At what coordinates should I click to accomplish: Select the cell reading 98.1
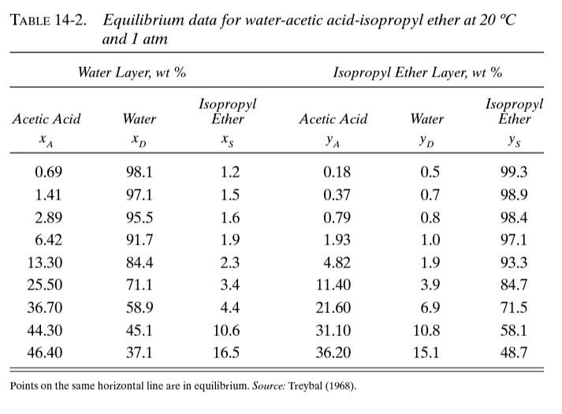point(140,173)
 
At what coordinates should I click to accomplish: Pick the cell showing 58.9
point(140,308)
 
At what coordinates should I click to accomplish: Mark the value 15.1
point(426,352)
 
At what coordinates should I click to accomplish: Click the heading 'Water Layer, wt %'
point(132,73)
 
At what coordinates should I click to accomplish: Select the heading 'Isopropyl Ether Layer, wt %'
point(417,73)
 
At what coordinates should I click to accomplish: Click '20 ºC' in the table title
point(496,20)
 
